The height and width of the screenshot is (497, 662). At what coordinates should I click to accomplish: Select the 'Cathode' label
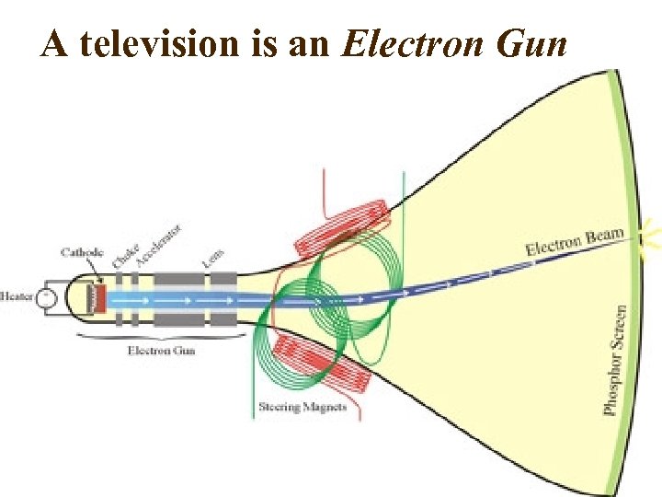tap(83, 251)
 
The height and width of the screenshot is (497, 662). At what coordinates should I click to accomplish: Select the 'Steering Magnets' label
tap(302, 406)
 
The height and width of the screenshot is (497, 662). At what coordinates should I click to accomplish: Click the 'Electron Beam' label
tap(575, 241)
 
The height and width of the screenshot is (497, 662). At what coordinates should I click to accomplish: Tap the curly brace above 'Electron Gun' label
tap(161, 338)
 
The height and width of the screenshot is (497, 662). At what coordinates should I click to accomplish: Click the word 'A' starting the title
tap(54, 43)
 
